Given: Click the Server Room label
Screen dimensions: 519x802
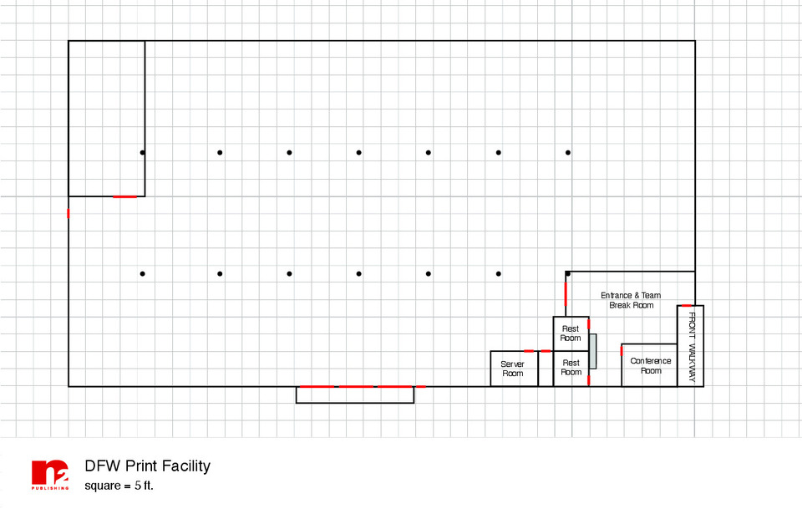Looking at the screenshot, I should coord(513,369).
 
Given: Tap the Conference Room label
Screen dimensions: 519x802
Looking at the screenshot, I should coord(651,365).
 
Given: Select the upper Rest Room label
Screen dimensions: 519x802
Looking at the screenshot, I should coord(571,333).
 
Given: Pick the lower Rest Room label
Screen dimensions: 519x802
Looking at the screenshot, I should coord(571,368).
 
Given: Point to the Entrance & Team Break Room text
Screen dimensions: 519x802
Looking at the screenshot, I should coord(631,300).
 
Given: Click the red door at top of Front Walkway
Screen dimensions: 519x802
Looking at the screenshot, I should coord(686,305).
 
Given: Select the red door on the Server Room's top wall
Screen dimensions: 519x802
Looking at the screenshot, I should coord(529,351).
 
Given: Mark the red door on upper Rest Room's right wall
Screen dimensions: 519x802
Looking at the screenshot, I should coord(588,323).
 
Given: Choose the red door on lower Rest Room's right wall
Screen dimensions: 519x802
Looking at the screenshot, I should coord(588,380).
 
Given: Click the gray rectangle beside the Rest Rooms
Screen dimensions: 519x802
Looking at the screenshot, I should coord(593,351).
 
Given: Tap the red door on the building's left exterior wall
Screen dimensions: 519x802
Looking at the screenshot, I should coord(69,213).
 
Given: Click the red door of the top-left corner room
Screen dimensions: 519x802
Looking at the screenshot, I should coord(124,196).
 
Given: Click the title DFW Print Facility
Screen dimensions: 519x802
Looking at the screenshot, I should coord(147,466).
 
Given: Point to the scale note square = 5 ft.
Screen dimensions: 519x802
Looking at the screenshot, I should coord(119,486).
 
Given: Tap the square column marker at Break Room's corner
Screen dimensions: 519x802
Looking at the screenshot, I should coord(567,274).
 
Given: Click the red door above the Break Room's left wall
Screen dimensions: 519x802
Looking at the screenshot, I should coord(566,294).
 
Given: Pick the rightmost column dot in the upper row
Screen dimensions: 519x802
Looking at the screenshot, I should coord(568,152).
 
